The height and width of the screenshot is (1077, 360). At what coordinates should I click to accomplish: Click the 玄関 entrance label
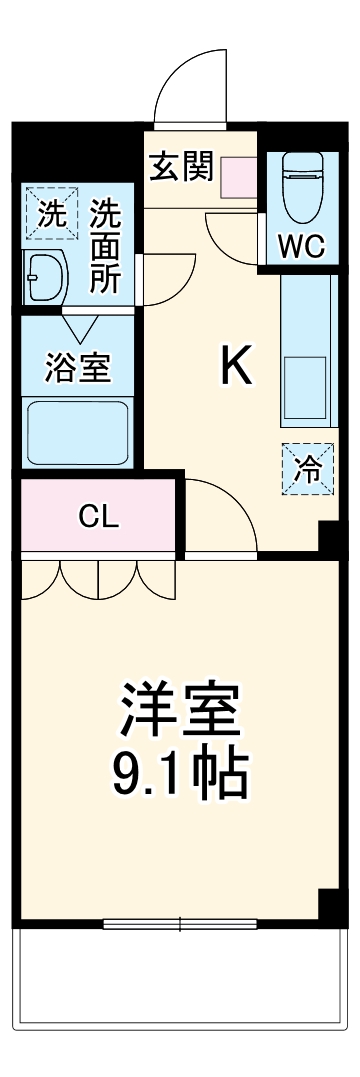(x=181, y=166)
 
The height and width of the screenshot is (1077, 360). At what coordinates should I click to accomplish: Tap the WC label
(x=301, y=247)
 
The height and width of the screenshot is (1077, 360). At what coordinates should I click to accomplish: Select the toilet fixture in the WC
(x=301, y=185)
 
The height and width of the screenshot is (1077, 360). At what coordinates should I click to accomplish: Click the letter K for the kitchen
(x=237, y=368)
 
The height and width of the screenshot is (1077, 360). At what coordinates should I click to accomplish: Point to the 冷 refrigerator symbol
(x=307, y=467)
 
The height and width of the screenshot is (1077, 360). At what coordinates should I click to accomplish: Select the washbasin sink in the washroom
(x=45, y=274)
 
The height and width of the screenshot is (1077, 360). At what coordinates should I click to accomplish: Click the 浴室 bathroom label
(x=77, y=367)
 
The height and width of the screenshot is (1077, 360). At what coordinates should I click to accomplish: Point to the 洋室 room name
(x=180, y=711)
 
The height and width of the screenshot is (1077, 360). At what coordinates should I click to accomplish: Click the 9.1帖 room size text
(x=180, y=771)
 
